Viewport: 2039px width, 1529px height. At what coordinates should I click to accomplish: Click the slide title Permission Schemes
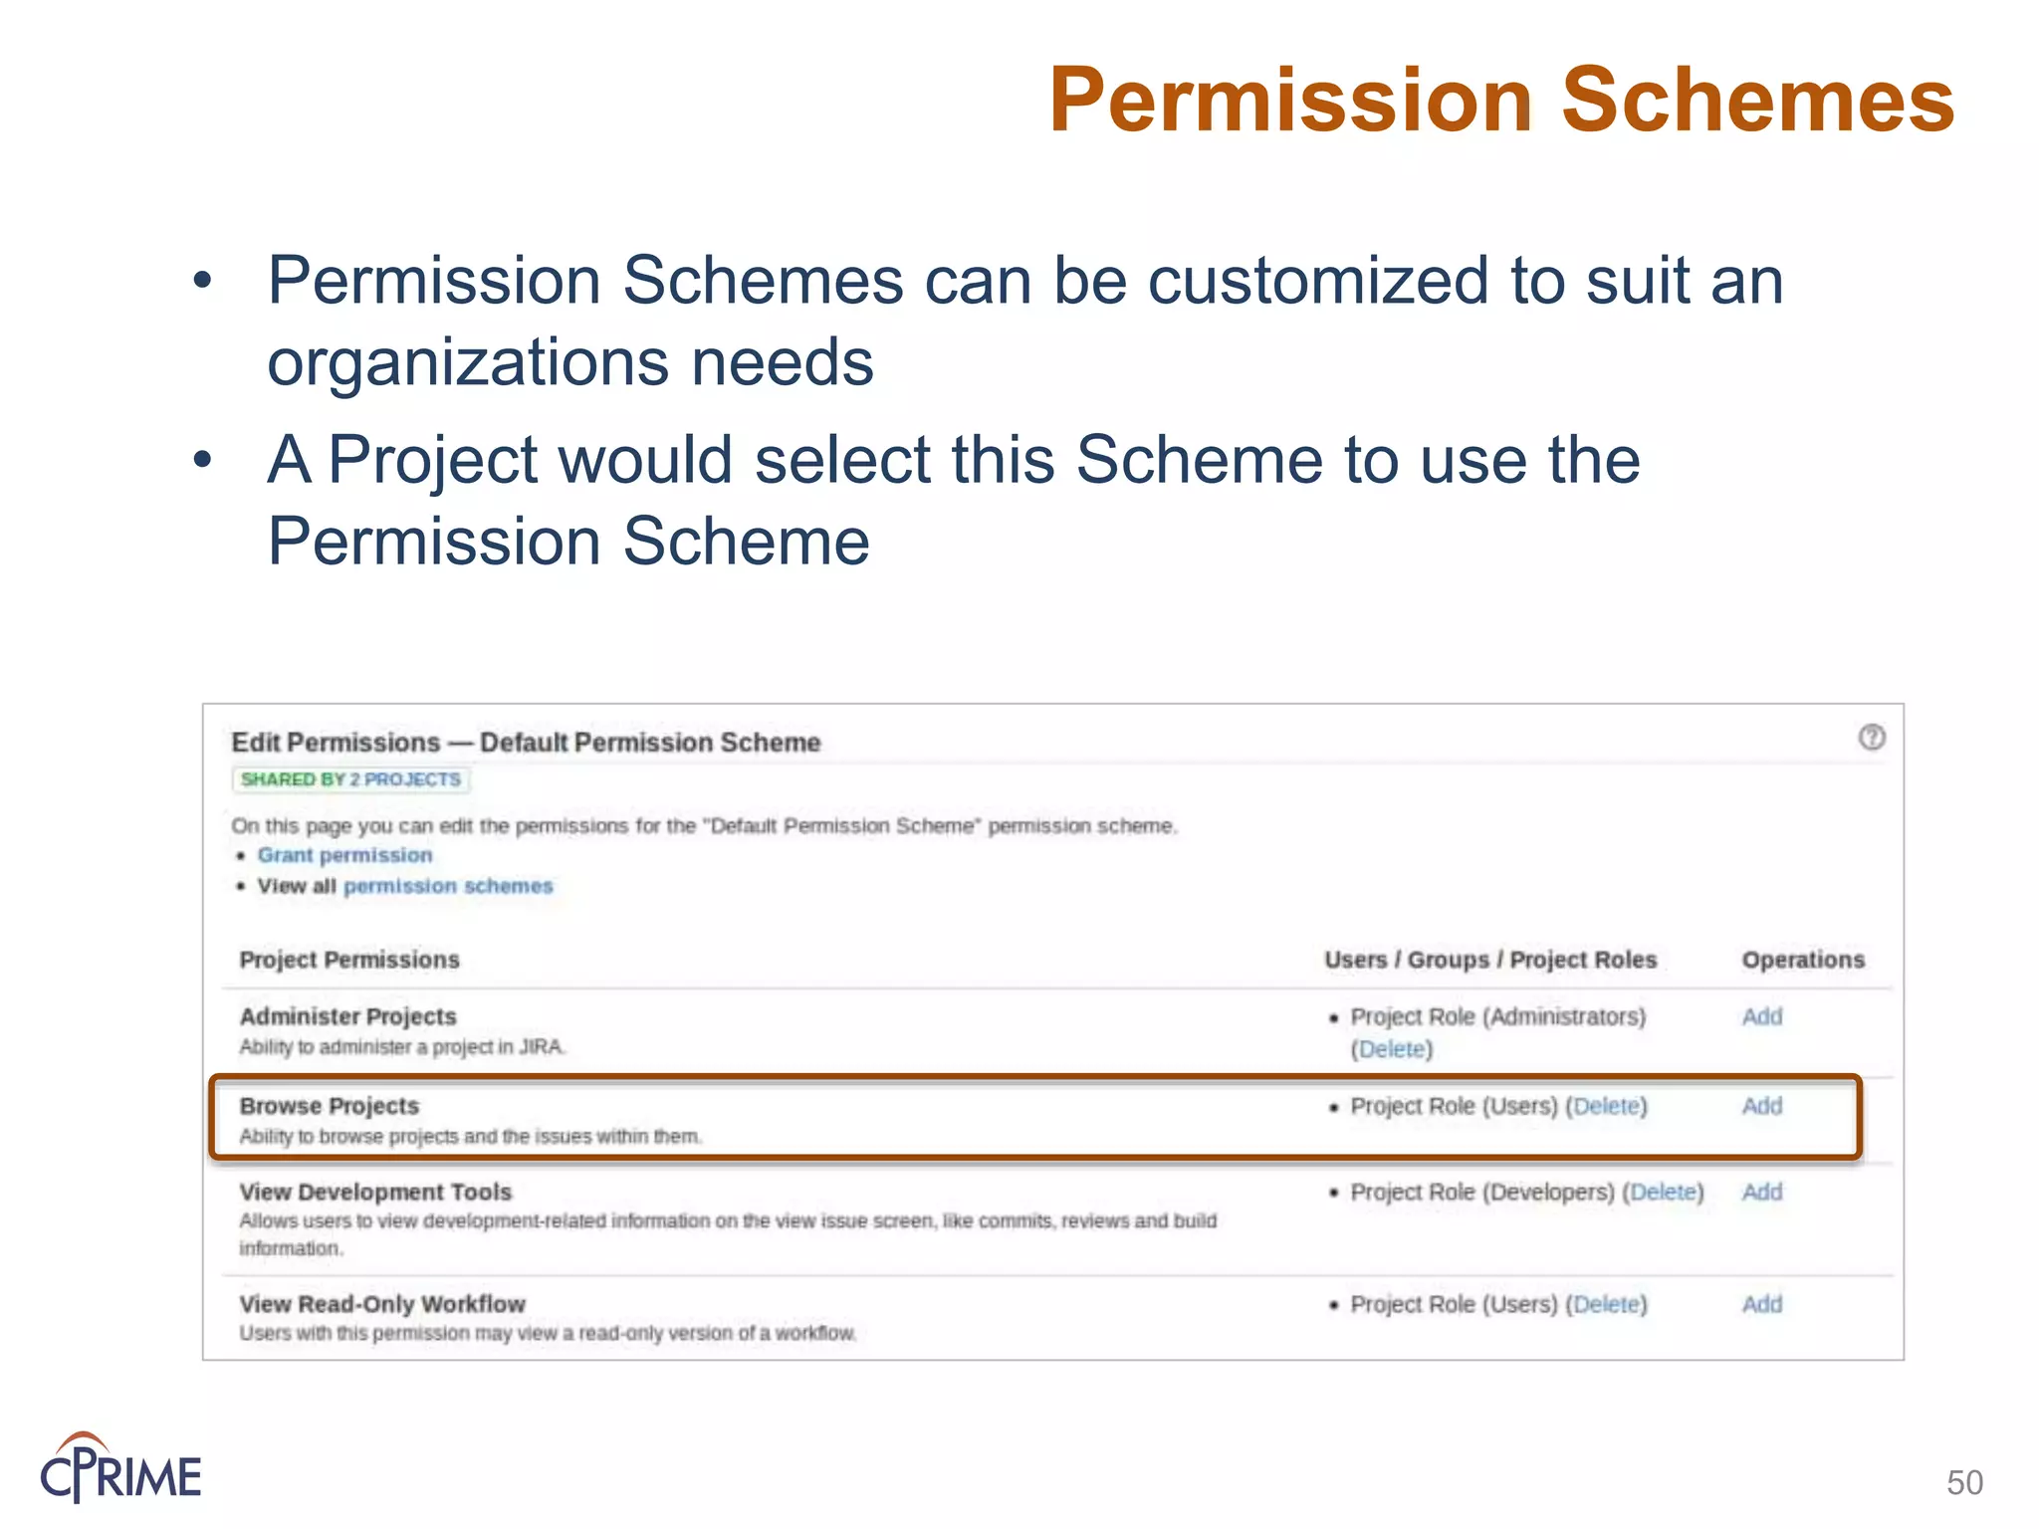point(1501,100)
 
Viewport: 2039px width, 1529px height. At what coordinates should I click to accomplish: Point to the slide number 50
point(1964,1482)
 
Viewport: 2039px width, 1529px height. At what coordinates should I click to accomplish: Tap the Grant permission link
point(344,855)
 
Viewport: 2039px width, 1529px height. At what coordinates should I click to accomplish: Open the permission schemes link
point(448,886)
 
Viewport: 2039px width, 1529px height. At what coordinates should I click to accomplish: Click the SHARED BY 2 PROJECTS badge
point(350,779)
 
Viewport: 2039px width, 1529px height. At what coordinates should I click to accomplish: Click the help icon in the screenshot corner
point(1872,738)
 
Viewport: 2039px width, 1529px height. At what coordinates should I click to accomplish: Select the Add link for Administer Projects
point(1761,1016)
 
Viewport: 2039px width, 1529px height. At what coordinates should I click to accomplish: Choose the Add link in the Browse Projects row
point(1761,1106)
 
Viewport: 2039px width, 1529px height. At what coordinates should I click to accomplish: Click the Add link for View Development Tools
point(1761,1192)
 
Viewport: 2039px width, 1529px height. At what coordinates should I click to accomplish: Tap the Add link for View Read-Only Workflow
point(1761,1304)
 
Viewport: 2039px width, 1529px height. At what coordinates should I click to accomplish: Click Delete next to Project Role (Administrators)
point(1392,1049)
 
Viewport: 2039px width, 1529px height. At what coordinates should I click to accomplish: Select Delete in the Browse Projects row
point(1606,1106)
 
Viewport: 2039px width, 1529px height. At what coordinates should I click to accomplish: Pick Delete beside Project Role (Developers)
point(1663,1192)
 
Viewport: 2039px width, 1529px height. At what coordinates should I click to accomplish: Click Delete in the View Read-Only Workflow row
point(1606,1304)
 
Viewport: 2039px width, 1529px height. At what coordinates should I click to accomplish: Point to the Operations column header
point(1802,960)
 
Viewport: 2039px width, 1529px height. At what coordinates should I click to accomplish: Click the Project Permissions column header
point(349,960)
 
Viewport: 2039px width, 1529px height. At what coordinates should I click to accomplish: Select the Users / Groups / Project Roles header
point(1490,960)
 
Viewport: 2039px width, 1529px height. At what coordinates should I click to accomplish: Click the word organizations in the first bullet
point(468,362)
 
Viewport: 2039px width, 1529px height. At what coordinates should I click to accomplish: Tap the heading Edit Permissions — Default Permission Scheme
point(526,743)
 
